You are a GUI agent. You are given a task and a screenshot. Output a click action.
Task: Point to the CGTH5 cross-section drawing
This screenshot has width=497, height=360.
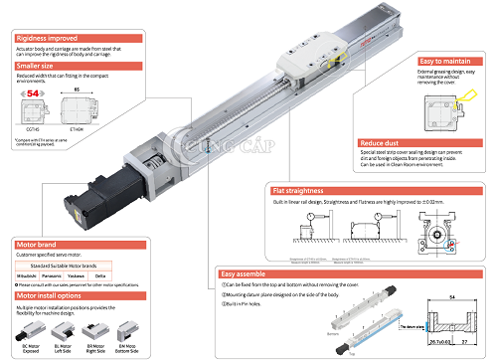click(33, 112)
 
